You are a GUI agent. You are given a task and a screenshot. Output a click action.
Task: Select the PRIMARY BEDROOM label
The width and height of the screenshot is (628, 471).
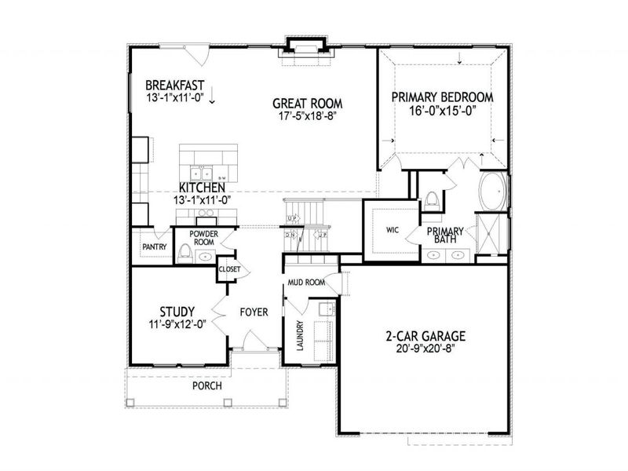click(443, 97)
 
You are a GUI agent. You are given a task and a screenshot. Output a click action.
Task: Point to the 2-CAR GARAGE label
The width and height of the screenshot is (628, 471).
click(425, 336)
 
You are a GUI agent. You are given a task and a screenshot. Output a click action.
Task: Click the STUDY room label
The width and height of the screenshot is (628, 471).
click(177, 310)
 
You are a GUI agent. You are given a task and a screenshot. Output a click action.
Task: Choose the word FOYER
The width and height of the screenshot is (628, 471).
click(254, 312)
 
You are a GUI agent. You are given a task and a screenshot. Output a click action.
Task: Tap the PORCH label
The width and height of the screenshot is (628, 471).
click(207, 386)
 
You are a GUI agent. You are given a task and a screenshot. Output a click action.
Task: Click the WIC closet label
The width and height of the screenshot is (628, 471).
click(393, 231)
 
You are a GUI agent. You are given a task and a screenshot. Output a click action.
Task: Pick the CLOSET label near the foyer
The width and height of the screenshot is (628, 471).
click(229, 269)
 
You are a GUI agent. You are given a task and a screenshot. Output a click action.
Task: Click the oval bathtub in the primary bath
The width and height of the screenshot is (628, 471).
click(493, 192)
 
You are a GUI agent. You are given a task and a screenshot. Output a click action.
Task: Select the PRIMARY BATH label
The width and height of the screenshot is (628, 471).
click(445, 235)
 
